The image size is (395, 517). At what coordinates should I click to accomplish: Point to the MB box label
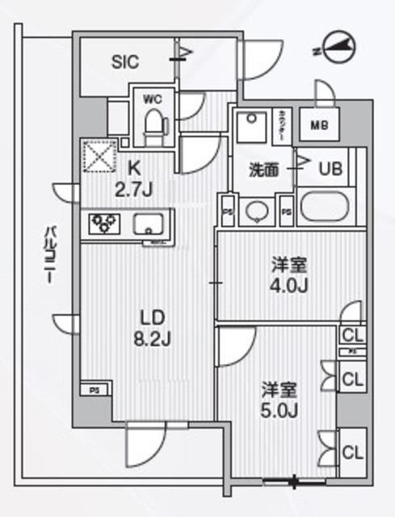pyautogui.click(x=318, y=124)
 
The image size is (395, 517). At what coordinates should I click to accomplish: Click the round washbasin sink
pyautogui.click(x=257, y=212)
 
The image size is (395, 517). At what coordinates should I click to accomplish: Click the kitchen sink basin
pyautogui.click(x=152, y=224)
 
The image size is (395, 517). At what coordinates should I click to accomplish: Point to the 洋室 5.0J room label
pyautogui.click(x=280, y=399)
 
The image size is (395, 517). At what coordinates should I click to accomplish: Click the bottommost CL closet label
pyautogui.click(x=350, y=453)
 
